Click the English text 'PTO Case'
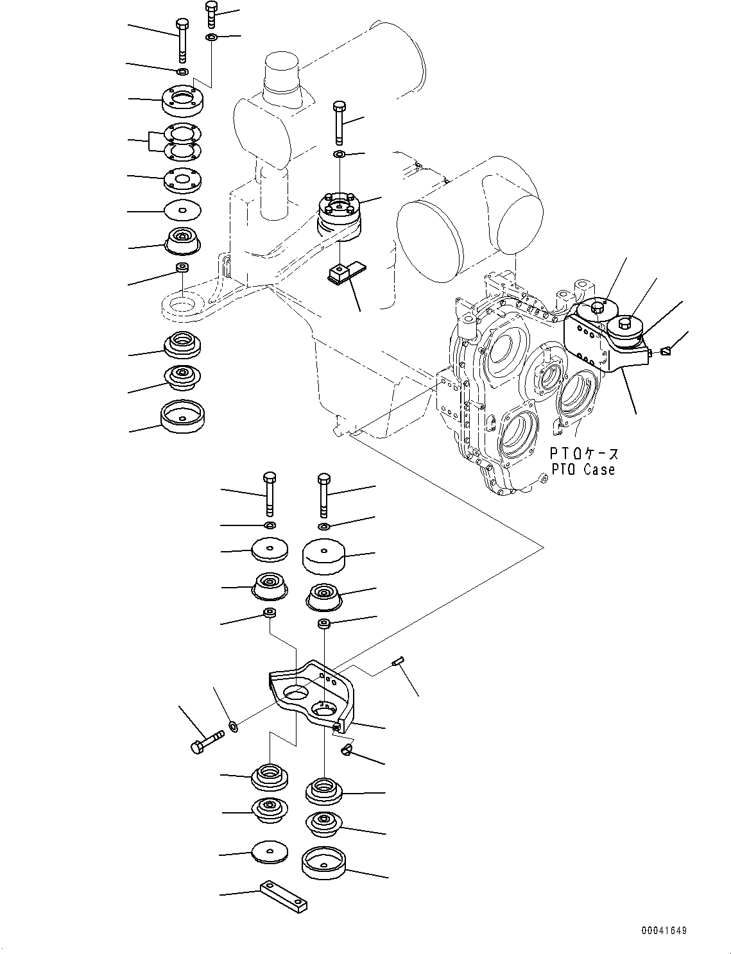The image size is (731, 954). tap(582, 470)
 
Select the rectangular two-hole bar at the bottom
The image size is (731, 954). tap(283, 896)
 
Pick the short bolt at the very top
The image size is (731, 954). tap(212, 14)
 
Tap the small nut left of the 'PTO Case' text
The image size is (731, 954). tap(543, 477)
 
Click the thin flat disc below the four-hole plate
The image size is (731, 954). tap(182, 209)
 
